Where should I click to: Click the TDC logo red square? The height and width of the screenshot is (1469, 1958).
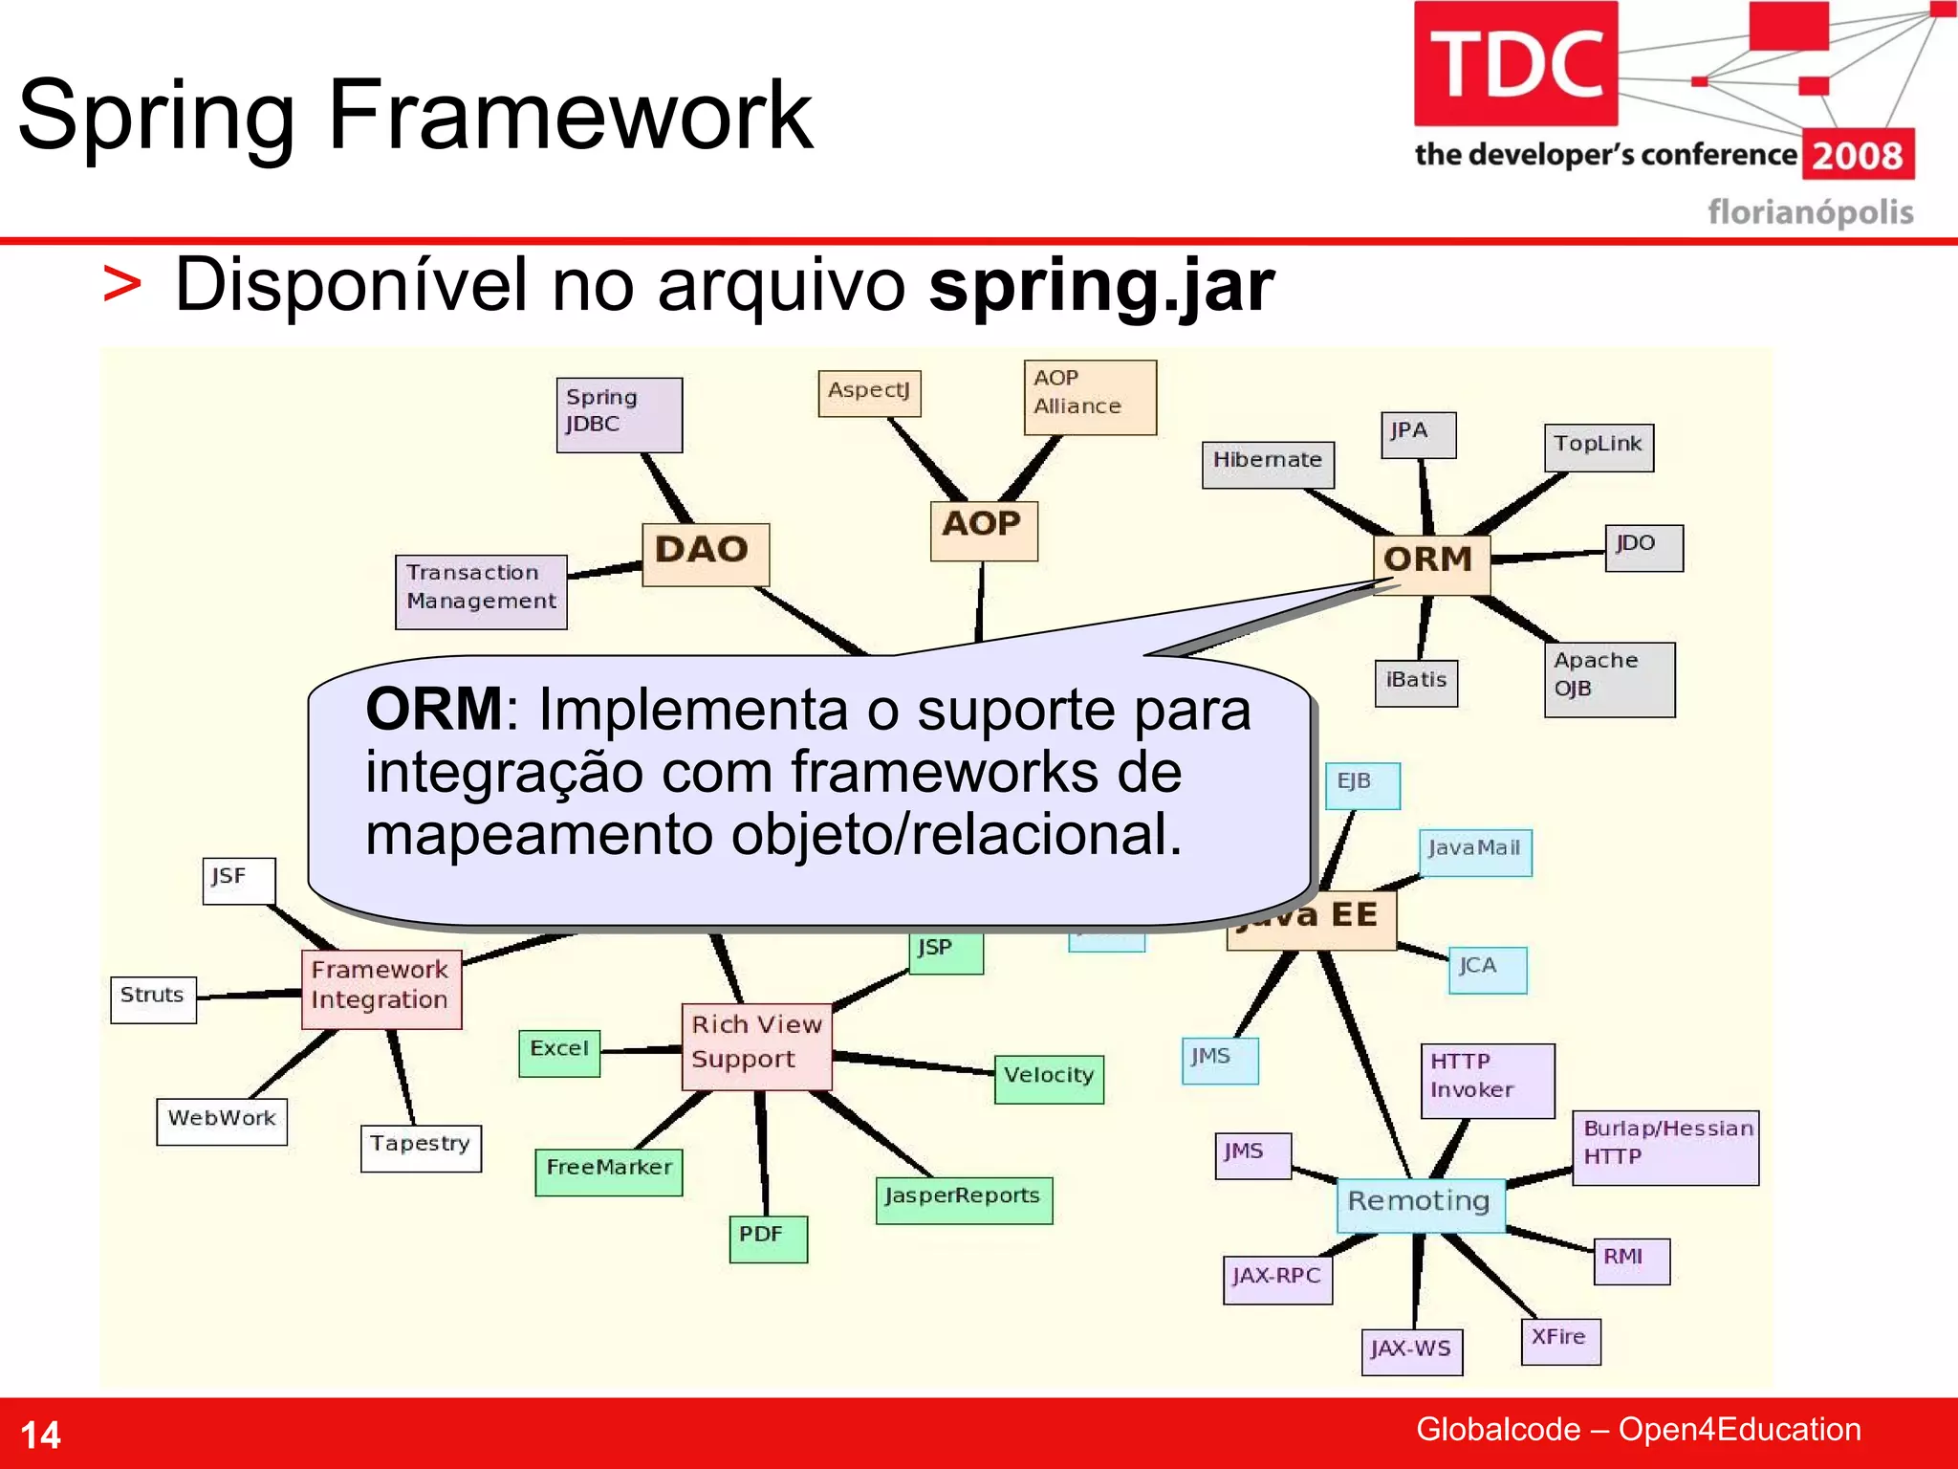[1515, 63]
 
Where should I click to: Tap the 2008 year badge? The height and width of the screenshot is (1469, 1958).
[1858, 155]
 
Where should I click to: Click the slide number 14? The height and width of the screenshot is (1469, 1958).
[40, 1435]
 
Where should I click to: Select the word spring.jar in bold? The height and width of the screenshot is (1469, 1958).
[1101, 285]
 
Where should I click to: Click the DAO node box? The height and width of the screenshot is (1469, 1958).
[705, 554]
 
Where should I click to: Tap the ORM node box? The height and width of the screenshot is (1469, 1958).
[1430, 563]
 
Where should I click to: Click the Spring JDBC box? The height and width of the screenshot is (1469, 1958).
[619, 414]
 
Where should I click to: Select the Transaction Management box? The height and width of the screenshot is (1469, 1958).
[481, 591]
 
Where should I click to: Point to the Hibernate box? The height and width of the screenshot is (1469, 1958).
[1268, 464]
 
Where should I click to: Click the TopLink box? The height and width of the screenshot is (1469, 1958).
[1598, 448]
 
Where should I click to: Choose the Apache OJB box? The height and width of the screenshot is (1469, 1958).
[1609, 678]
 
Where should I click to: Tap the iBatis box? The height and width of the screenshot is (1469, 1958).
[1416, 682]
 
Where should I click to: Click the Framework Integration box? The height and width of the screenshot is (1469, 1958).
[381, 988]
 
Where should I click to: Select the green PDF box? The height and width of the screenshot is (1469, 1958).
[767, 1239]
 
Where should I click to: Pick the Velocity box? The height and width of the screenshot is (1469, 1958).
[1049, 1079]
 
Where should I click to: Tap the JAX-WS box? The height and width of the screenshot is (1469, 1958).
[1411, 1351]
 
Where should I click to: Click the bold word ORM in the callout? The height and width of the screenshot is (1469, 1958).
[434, 710]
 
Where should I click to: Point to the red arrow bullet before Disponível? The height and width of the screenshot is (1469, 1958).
[122, 285]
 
